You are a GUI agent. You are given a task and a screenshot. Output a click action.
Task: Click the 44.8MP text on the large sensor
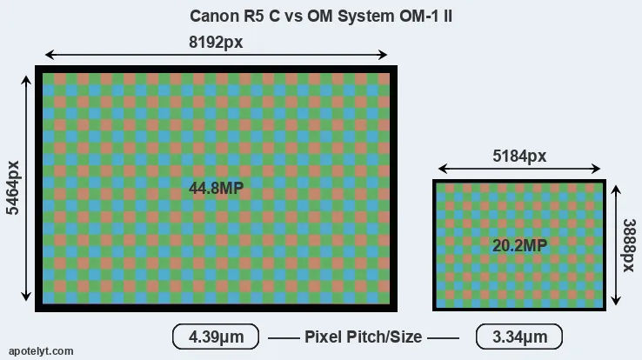[216, 188]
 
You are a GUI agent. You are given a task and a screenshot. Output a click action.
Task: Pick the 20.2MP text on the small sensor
[519, 246]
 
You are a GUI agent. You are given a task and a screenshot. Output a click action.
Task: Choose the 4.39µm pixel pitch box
[215, 337]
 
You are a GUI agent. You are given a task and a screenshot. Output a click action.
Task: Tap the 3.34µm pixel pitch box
[518, 337]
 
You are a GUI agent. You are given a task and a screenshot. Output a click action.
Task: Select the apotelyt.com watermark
[37, 350]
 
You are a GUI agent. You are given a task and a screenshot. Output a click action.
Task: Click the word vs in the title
[289, 17]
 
